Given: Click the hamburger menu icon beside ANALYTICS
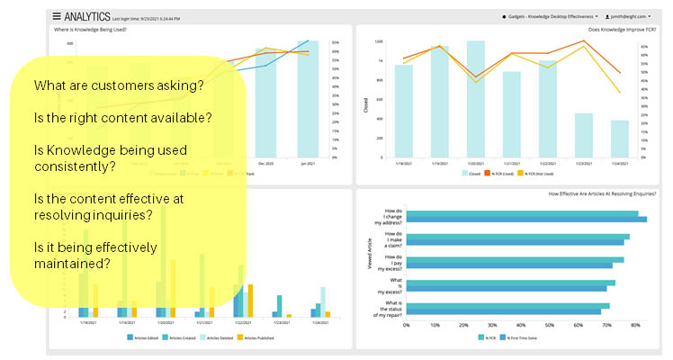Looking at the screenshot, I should point(57,16).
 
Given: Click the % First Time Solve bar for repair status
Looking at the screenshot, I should point(504,312).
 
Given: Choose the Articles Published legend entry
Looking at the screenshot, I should point(283,338).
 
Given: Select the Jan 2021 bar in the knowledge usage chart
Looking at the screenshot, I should point(309,99).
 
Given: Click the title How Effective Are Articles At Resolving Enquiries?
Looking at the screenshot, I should point(588,193).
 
